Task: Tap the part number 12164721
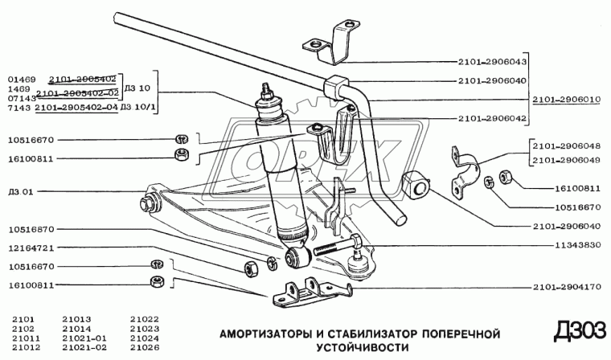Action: point(31,248)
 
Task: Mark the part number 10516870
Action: point(31,230)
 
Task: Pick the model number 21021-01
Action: point(84,338)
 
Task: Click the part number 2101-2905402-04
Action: point(77,106)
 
